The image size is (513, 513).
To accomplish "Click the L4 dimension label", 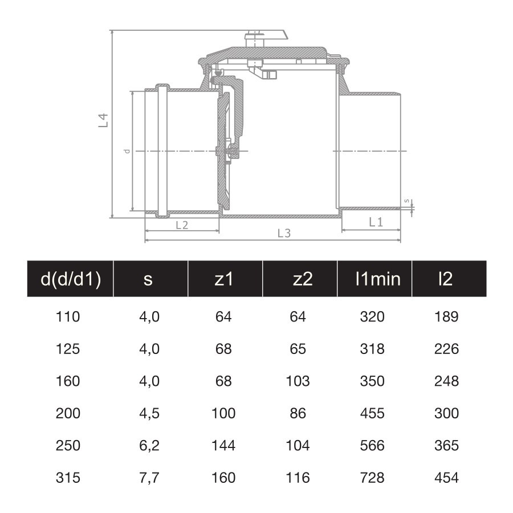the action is (103, 120).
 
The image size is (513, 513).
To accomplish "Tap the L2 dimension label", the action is (182, 225).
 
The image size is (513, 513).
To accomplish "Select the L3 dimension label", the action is (284, 233).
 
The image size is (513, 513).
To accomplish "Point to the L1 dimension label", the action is (376, 222).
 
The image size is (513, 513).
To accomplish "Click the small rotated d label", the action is (127, 151).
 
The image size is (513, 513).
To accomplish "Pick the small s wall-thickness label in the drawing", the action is (406, 201).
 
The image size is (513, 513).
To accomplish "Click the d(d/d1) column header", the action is (71, 279).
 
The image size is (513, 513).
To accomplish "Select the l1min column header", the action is (378, 279).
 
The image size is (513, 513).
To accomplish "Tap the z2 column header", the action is (303, 279).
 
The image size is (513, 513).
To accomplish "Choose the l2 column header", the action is (446, 279).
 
